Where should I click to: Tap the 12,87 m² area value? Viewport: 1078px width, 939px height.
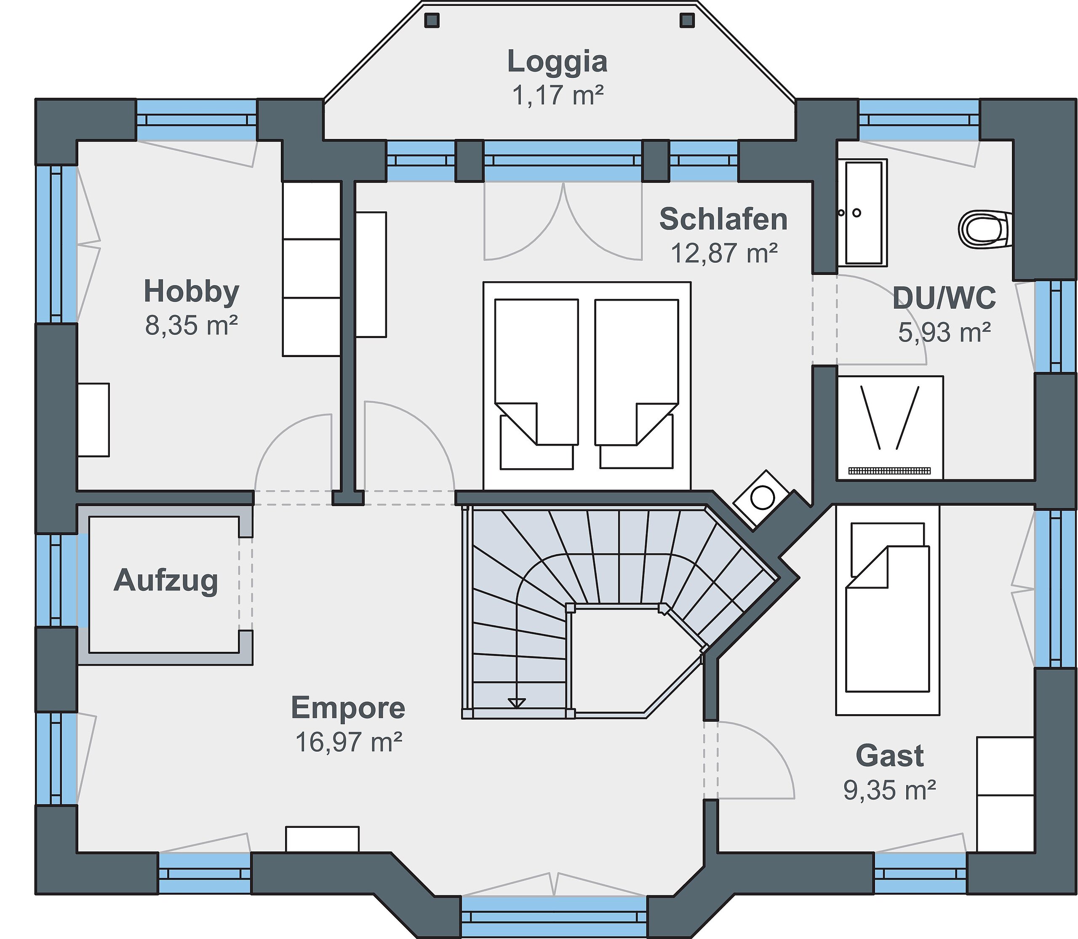724,253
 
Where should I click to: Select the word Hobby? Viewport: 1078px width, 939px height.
191,292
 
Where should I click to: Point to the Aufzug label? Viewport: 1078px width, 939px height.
165,581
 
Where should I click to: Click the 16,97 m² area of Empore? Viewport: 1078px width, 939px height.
349,742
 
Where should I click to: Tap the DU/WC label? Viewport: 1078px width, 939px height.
944,298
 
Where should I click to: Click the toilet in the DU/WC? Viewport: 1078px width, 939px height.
985,229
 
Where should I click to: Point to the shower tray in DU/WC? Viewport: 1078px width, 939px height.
890,427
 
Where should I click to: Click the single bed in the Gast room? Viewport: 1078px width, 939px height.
887,611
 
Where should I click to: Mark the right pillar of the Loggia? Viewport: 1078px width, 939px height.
686,20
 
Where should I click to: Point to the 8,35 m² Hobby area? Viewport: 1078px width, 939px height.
191,326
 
